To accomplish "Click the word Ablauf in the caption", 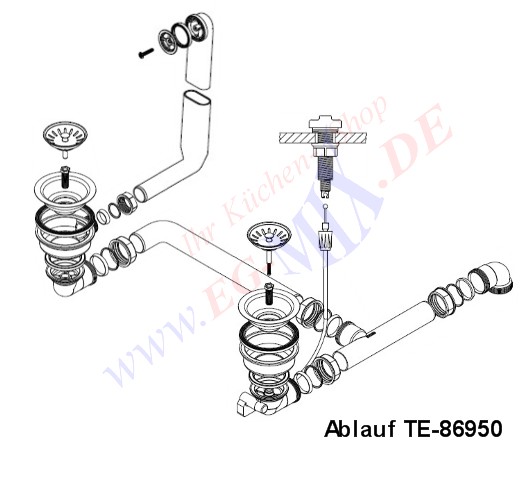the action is click(360, 429).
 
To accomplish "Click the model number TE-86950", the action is click(453, 429).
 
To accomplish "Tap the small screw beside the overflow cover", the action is click(146, 53).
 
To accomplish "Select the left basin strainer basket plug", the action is click(65, 136).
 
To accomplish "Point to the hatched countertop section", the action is click(322, 138).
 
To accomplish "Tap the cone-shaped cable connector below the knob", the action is click(325, 239).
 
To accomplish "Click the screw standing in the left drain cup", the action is click(64, 177).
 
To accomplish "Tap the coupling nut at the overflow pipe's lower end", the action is click(126, 203).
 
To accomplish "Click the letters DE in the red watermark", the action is click(414, 146).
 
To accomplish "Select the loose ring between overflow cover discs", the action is click(179, 34).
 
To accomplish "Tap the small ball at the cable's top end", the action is click(325, 206).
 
